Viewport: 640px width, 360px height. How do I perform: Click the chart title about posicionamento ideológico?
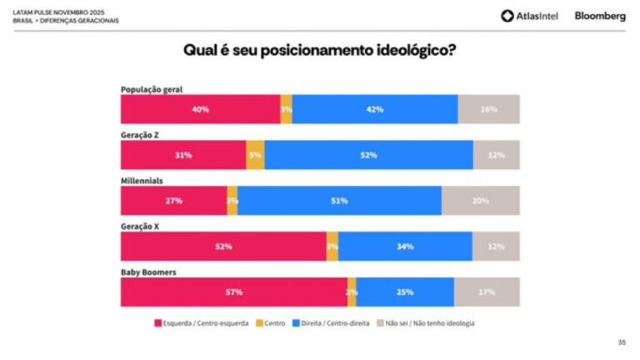point(319,51)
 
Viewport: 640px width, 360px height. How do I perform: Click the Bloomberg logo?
point(600,16)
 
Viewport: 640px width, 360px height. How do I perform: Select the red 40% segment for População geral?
point(200,109)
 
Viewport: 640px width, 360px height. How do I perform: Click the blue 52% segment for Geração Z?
point(368,155)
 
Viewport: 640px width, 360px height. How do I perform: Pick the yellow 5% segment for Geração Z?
point(255,155)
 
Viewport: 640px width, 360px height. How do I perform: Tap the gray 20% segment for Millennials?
point(480,201)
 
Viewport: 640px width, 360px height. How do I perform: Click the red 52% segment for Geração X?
point(223,247)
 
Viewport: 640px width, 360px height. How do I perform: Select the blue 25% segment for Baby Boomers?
point(405,292)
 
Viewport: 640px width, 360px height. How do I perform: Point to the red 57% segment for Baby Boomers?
point(234,292)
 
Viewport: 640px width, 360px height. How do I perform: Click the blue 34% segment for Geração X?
point(405,247)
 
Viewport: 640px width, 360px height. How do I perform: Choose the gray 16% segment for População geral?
point(488,109)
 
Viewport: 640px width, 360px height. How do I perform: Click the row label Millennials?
point(142,180)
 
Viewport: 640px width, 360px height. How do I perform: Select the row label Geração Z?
point(140,134)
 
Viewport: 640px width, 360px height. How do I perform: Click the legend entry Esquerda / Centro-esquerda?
point(201,322)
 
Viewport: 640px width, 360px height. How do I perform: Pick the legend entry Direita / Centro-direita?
point(325,322)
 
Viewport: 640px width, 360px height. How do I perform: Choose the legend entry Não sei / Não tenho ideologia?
point(424,322)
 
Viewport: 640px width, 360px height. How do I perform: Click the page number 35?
point(622,342)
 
